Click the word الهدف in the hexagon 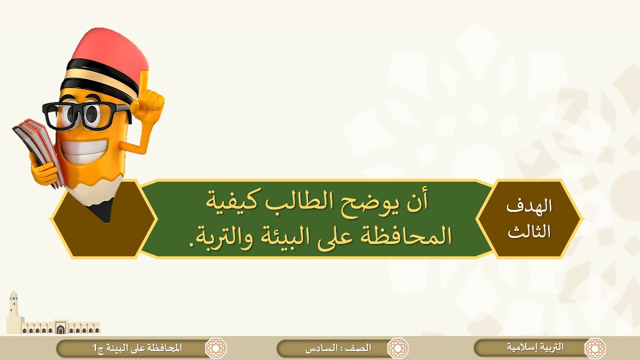pyautogui.click(x=529, y=206)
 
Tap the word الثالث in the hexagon pyautogui.click(x=529, y=231)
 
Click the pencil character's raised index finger pyautogui.click(x=144, y=82)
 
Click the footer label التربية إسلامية pyautogui.click(x=535, y=347)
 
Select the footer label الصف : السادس pyautogui.click(x=338, y=348)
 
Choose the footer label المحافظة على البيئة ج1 pyautogui.click(x=137, y=348)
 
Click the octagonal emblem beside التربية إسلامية pyautogui.click(x=594, y=348)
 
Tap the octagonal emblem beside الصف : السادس pyautogui.click(x=397, y=348)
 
